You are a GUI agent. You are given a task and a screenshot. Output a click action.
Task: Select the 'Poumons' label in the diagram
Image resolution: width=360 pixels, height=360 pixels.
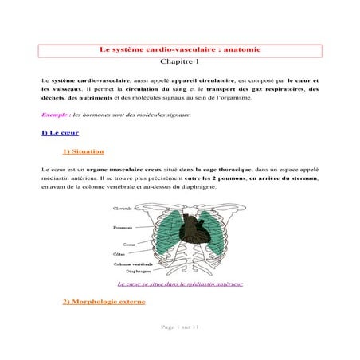click(x=123, y=227)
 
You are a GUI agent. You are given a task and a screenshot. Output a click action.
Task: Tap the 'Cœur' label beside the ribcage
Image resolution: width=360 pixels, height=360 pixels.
click(x=128, y=245)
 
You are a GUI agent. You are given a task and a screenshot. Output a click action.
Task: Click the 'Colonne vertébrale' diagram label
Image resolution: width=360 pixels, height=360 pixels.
click(x=131, y=263)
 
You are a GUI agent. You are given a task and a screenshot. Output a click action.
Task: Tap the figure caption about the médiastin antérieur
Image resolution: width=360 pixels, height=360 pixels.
click(x=179, y=283)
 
